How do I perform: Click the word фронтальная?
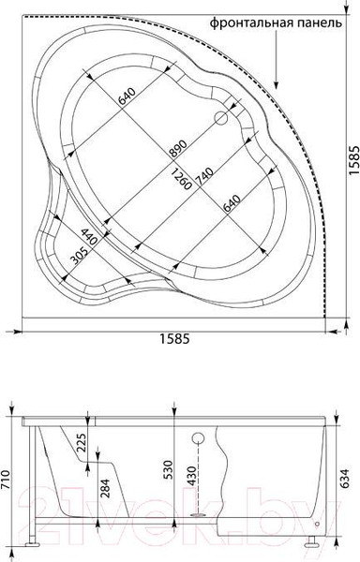pos(252,22)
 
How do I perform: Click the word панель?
pos(321,22)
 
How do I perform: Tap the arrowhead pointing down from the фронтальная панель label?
pos(276,84)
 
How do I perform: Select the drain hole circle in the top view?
pos(221,118)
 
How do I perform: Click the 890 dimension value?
pos(178,149)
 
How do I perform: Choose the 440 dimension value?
pos(88,237)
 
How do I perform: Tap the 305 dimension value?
pos(79,256)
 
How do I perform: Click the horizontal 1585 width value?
pos(173,338)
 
